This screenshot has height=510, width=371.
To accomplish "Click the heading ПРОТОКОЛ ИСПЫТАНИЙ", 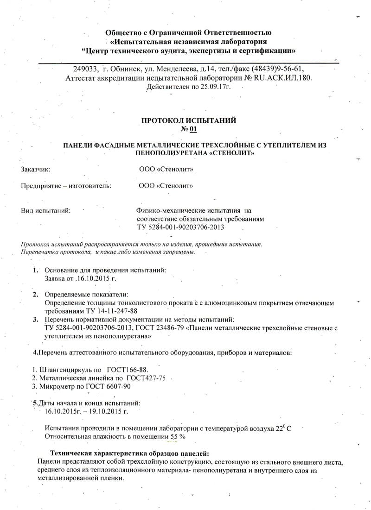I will tap(188, 120).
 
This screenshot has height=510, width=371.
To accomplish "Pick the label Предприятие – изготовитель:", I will tap(66, 186).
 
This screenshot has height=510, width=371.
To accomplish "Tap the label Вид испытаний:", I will tap(46, 211).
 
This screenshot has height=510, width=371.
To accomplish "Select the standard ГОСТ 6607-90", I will tap(110, 386).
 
